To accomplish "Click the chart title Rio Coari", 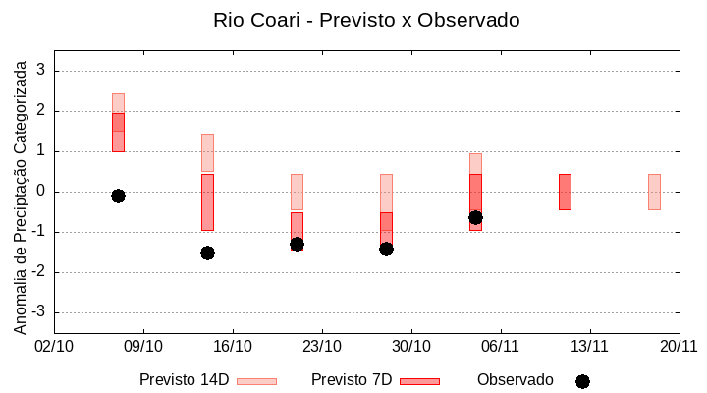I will coord(366,20).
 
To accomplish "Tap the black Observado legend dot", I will coord(582,381).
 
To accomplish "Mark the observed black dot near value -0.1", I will coord(118,196).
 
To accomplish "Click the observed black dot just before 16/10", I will coord(207,253).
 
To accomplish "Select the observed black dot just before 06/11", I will coord(475,217).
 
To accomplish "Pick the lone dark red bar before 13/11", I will coord(565,192).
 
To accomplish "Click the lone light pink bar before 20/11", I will coord(654,192).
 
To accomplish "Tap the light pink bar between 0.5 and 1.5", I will coord(207,152).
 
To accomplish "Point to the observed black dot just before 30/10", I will coord(386,249).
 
